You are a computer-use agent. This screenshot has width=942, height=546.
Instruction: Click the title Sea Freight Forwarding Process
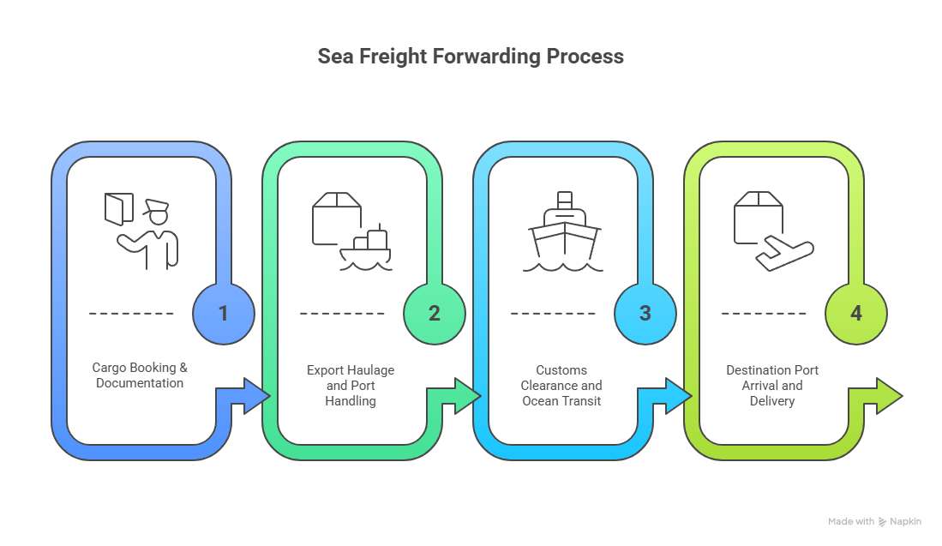coord(471,57)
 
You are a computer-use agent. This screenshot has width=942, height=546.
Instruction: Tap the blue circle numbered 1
coord(224,313)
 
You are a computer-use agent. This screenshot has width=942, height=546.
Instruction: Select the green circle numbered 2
coord(435,313)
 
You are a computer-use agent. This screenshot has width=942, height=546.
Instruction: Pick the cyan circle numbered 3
coord(645,313)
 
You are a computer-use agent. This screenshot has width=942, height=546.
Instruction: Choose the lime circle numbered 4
coord(856,313)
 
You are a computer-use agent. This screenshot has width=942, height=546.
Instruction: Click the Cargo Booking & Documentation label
coord(140,375)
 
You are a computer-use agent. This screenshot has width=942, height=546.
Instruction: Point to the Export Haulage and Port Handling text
coord(351,385)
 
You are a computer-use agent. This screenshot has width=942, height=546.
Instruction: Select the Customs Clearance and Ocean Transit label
coord(561,385)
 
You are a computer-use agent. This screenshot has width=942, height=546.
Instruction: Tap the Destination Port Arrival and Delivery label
coord(772,385)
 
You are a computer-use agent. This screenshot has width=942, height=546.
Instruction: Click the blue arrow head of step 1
coord(255,396)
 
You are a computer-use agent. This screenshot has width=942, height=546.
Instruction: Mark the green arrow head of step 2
coord(466,396)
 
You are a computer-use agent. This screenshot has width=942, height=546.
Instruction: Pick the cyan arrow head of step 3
coord(677,396)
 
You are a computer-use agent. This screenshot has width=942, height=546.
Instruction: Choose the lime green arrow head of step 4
coord(888,396)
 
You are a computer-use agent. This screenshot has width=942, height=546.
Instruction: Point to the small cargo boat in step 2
coord(367,250)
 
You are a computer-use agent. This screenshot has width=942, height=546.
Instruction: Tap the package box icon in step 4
coord(759,216)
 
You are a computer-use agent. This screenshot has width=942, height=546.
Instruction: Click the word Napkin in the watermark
coord(906,521)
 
